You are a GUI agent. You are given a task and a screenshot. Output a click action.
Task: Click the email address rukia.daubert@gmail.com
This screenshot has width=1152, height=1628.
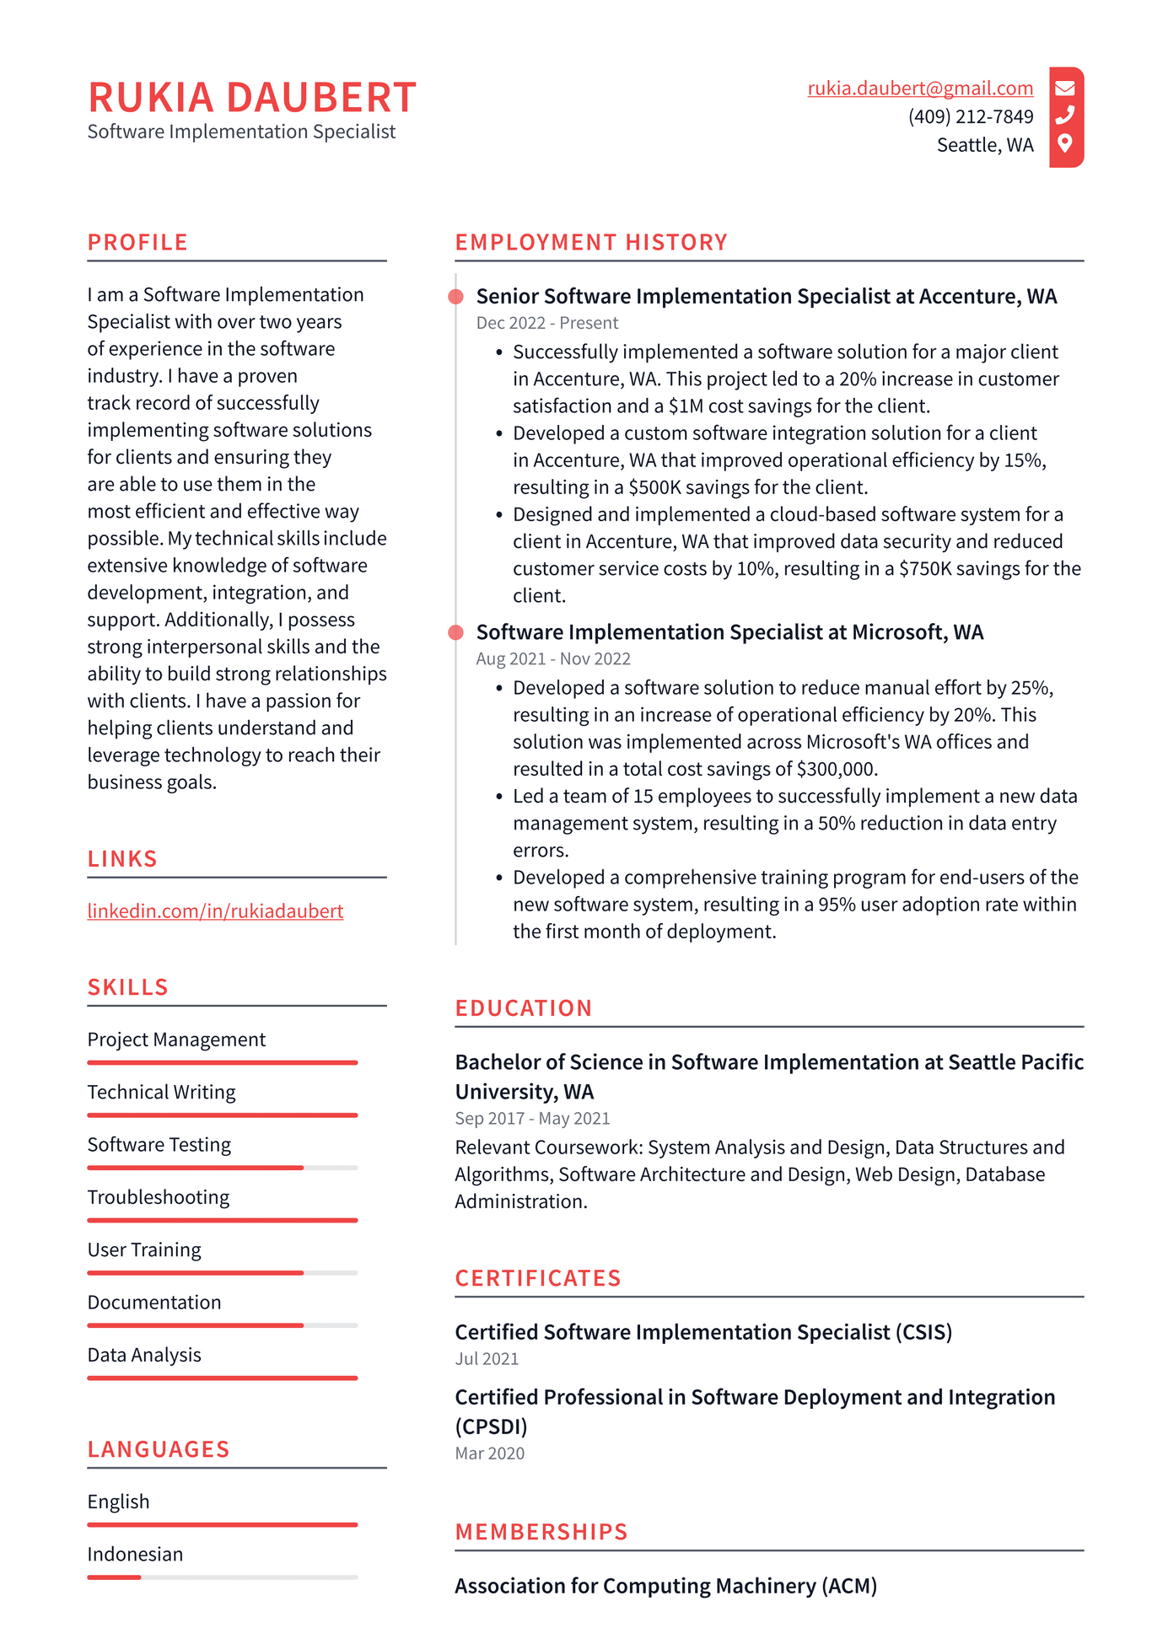point(919,89)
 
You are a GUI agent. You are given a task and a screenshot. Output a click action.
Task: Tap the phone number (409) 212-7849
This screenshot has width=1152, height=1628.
point(970,116)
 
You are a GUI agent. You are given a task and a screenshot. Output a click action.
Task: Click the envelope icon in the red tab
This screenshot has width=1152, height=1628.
point(1065,88)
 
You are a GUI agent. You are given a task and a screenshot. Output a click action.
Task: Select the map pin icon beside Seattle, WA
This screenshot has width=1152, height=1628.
point(1065,143)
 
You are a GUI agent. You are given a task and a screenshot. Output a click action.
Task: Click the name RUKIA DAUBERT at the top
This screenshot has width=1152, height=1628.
point(252,97)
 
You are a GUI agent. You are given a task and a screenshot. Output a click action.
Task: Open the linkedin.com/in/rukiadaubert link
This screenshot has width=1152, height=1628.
point(215,911)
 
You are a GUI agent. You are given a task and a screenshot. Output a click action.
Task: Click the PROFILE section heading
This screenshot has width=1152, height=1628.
point(137,242)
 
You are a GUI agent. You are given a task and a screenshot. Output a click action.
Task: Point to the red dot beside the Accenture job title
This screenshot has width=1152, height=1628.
point(456,297)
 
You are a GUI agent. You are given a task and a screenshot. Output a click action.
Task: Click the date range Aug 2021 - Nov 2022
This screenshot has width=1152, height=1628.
point(552,659)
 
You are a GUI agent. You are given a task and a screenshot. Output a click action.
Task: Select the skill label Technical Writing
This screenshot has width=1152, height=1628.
point(161,1093)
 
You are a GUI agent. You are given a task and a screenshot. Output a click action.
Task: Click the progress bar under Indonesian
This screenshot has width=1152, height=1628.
point(222,1577)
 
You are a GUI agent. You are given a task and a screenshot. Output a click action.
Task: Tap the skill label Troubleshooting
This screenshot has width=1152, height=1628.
point(158,1198)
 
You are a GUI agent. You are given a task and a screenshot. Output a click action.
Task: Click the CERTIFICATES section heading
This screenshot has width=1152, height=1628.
point(538,1278)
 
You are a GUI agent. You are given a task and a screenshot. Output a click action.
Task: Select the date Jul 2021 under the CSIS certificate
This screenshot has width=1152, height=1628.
point(487,1359)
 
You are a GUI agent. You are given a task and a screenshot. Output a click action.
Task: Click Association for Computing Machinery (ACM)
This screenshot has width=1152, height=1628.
point(665,1586)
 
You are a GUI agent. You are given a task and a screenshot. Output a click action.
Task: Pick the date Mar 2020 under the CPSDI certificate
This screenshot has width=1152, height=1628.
point(489,1453)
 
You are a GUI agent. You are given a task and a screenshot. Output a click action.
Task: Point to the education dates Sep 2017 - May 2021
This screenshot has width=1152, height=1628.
point(531,1119)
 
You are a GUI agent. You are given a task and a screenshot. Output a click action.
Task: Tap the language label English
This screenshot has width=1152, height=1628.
point(118,1502)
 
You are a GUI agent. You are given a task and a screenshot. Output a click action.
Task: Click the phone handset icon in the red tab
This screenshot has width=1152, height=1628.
point(1065,115)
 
